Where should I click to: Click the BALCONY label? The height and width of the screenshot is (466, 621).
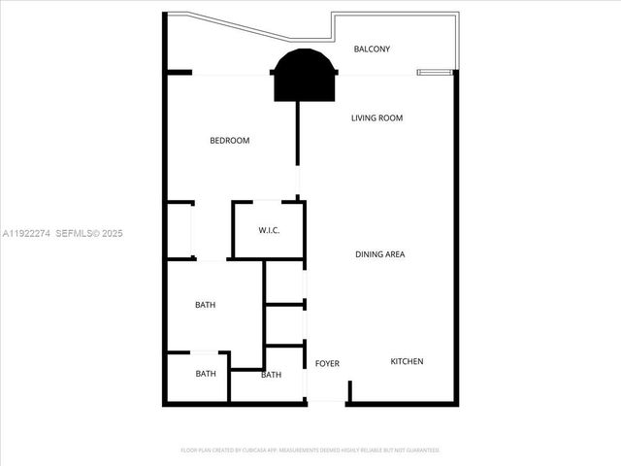pos(372,49)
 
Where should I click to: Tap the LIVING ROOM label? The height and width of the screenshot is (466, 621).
pos(376,118)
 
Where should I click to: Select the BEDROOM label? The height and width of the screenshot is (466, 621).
pos(230,141)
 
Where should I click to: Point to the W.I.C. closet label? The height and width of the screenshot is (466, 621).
pos(269,230)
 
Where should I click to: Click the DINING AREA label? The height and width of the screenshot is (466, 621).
pos(379,254)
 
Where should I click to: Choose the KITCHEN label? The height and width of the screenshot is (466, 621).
pos(407,362)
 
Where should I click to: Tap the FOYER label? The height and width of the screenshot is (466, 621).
pos(327,364)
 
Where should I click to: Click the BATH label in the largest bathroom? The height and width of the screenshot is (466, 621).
pos(205,305)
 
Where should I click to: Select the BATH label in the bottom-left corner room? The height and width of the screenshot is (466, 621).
pos(205,374)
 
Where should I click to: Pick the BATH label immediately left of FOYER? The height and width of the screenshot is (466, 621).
pos(271,375)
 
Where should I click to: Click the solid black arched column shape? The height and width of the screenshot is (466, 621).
pos(305,76)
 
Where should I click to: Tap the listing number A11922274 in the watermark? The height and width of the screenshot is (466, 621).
pos(26,233)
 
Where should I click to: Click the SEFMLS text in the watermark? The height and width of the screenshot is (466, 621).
pos(77,233)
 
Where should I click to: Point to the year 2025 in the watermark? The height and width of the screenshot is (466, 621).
pos(112,233)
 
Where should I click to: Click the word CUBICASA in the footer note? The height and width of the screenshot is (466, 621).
pos(251,450)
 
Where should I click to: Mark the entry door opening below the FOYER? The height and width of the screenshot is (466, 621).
pos(327,401)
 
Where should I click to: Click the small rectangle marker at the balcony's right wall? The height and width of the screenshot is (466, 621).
pos(434,72)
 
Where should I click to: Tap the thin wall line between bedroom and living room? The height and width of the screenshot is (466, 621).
pos(298,146)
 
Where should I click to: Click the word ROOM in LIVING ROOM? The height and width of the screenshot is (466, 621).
pos(391,118)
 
